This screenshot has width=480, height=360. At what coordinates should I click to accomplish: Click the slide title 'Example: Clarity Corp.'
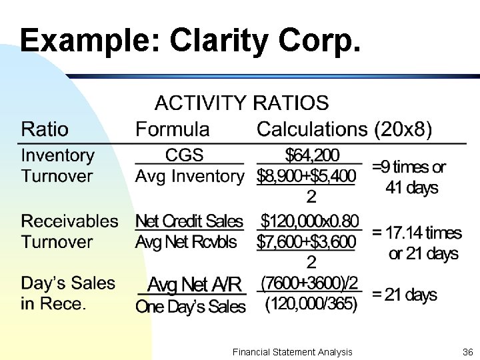191,41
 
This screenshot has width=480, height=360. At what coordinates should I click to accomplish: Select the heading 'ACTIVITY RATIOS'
241,103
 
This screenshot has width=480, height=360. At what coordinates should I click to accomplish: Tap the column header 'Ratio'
45,129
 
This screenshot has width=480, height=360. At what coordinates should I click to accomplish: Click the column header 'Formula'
172,129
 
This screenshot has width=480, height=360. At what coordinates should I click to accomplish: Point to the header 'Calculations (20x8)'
344,129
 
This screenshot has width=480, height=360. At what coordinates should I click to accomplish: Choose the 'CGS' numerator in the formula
184,155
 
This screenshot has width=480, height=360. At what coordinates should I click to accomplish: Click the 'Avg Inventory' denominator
189,177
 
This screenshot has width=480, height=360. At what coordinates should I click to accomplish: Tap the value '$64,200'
311,155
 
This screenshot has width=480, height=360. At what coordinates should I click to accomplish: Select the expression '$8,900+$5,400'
306,177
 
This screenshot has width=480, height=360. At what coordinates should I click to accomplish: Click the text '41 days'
411,187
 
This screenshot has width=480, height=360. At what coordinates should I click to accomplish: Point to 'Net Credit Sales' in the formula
189,221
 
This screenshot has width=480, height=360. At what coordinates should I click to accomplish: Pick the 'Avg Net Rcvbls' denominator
186,241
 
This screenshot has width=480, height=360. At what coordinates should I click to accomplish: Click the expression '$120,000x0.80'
309,221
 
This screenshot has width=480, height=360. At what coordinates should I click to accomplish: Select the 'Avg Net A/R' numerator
194,285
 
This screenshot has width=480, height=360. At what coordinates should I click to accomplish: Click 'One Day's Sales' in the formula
190,307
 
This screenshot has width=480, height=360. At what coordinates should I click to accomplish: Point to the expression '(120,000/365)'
311,305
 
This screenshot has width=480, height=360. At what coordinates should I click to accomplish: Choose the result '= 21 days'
405,295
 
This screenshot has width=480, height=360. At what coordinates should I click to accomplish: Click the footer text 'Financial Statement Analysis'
293,351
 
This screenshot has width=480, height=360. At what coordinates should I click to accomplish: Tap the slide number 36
466,351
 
